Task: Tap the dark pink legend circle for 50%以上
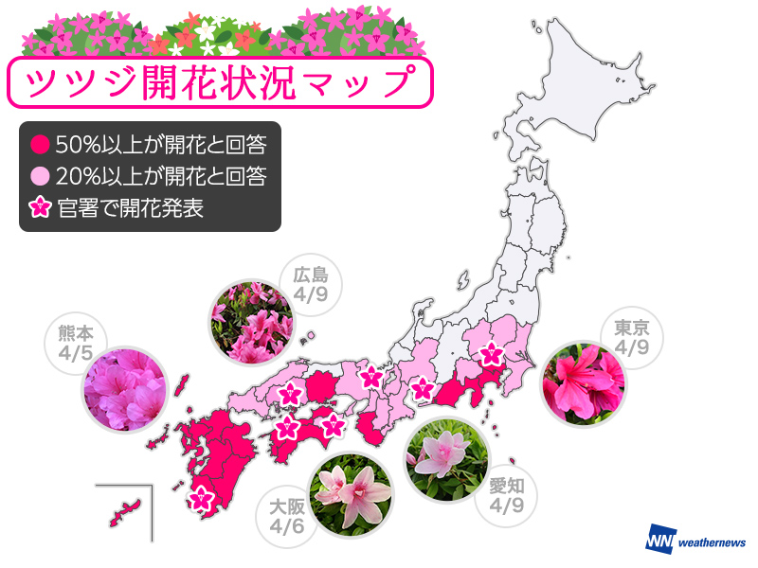click(x=39, y=145)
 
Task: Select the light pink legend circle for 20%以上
click(x=39, y=174)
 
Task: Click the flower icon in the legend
click(x=39, y=204)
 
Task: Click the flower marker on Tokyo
click(x=491, y=356)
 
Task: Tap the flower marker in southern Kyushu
click(x=200, y=496)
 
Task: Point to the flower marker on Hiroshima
click(x=290, y=394)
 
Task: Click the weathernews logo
click(x=695, y=540)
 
